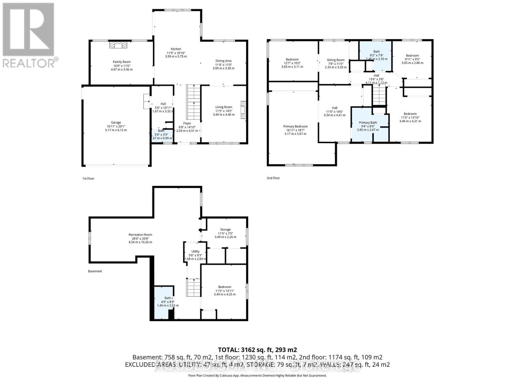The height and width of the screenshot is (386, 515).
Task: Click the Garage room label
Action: click(116, 123)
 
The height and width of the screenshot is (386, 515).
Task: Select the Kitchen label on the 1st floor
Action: click(176, 49)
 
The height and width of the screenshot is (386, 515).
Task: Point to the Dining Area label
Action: click(223, 61)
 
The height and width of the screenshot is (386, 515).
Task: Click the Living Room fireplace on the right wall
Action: click(243, 111)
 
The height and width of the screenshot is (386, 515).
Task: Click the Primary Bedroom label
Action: click(295, 126)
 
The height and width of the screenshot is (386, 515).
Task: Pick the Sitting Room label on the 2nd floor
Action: click(335, 60)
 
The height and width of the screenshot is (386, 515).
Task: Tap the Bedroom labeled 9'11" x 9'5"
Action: click(412, 56)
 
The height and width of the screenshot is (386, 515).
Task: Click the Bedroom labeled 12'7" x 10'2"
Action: click(292, 60)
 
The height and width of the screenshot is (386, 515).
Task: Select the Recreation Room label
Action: click(140, 235)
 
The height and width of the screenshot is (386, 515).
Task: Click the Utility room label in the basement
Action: click(195, 252)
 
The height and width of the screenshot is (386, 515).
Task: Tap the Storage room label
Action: click(225, 230)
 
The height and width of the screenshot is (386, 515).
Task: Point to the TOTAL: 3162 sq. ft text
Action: click(257, 350)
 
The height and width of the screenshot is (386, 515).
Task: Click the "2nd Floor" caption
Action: click(273, 178)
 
